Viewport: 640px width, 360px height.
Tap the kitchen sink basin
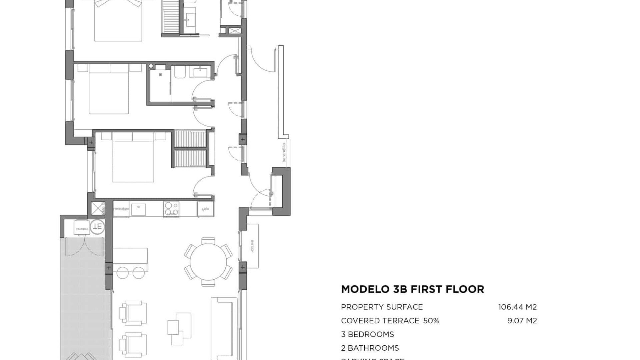point(138,210)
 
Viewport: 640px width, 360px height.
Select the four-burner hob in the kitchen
point(171,209)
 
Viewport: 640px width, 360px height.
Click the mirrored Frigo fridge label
point(205,209)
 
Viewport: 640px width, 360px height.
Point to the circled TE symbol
point(97,227)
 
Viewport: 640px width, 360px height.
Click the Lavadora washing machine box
point(82,228)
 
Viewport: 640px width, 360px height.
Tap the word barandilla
point(284,153)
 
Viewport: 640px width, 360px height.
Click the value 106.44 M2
point(517,307)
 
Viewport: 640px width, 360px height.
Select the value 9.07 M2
point(522,321)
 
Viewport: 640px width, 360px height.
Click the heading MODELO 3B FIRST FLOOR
point(412,289)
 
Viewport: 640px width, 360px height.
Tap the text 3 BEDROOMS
point(367,334)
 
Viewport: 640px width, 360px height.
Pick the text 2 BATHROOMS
point(370,348)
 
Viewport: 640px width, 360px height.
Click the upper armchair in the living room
point(133,312)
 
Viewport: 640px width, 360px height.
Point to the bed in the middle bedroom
point(109,93)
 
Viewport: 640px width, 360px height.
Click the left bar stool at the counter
point(122,272)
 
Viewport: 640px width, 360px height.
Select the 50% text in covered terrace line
point(431,321)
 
